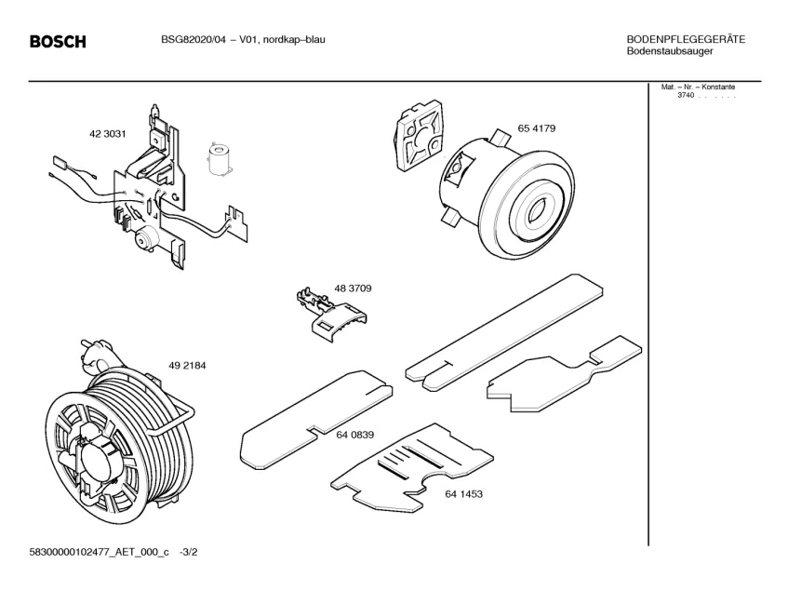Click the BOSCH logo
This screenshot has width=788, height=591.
(x=58, y=42)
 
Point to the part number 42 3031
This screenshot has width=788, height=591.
(x=107, y=134)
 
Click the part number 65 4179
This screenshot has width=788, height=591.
(x=537, y=128)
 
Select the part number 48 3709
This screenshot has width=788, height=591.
(x=354, y=289)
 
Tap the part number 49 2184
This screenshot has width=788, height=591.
(x=187, y=366)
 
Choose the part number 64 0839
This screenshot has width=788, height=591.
(x=355, y=435)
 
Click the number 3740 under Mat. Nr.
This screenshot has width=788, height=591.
(x=686, y=96)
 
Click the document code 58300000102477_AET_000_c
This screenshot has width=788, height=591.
(x=100, y=553)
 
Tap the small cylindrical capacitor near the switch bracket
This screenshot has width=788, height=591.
(x=220, y=158)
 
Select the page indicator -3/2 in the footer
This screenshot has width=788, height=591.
(x=189, y=553)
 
